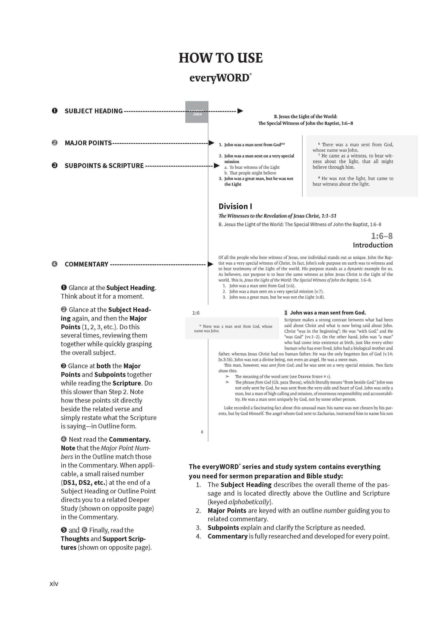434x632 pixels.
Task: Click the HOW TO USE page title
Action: [x=220, y=58]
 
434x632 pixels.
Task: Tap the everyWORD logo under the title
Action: [x=220, y=78]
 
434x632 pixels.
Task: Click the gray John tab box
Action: [x=197, y=112]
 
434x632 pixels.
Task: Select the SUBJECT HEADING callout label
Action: [x=94, y=111]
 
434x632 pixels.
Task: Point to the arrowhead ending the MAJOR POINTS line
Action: [x=211, y=143]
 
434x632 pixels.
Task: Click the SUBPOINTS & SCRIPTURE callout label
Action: [x=104, y=166]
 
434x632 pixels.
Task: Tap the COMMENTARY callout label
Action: [x=86, y=264]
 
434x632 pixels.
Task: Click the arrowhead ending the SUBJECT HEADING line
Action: [x=240, y=111]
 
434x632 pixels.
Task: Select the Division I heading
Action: [x=235, y=206]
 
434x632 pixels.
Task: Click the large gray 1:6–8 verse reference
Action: [x=382, y=236]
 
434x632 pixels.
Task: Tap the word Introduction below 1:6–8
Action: [x=372, y=245]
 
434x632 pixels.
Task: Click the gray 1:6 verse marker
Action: [x=196, y=313]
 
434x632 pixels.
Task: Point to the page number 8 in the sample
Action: [x=202, y=432]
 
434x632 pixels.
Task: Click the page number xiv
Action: [x=54, y=583]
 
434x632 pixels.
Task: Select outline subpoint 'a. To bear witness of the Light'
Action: [x=252, y=167]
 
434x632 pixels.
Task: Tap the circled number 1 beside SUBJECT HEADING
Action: [x=55, y=111]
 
